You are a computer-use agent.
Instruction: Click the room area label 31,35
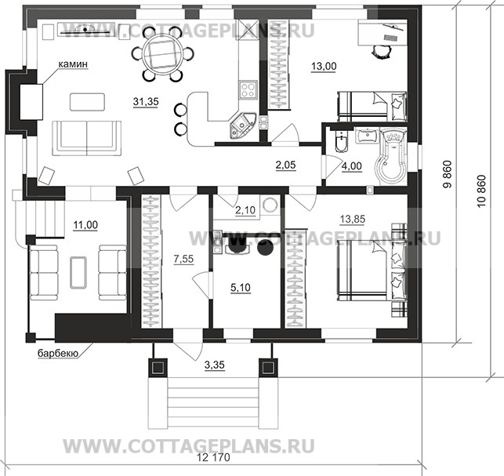(x=146, y=102)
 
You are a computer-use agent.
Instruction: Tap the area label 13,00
(x=324, y=66)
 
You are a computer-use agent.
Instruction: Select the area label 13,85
(x=353, y=220)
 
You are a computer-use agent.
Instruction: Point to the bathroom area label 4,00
(x=352, y=166)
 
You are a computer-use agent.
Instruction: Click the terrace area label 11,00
(x=85, y=225)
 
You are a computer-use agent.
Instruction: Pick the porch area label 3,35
(x=215, y=365)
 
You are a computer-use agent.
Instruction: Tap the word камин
(x=73, y=64)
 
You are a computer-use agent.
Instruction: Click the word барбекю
(x=58, y=354)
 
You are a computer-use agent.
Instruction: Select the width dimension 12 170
(x=215, y=458)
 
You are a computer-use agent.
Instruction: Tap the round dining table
(x=159, y=53)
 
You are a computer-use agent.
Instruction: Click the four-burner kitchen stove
(x=248, y=89)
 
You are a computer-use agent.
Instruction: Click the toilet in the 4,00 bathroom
(x=340, y=141)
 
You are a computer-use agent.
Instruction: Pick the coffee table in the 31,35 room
(x=88, y=102)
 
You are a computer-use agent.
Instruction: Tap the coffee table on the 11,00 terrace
(x=78, y=272)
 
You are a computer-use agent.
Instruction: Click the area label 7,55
(x=183, y=259)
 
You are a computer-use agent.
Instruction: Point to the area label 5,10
(x=241, y=288)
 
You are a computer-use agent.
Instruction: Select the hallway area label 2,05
(x=285, y=165)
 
